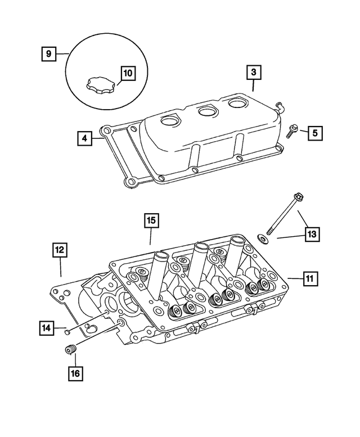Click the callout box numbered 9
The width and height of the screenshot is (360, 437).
tap(49, 54)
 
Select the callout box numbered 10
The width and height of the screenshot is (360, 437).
tap(128, 73)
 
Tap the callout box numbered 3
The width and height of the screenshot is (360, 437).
tap(253, 73)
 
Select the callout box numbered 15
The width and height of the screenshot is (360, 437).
tap(150, 220)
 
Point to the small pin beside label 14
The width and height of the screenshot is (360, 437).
tap(67, 331)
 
